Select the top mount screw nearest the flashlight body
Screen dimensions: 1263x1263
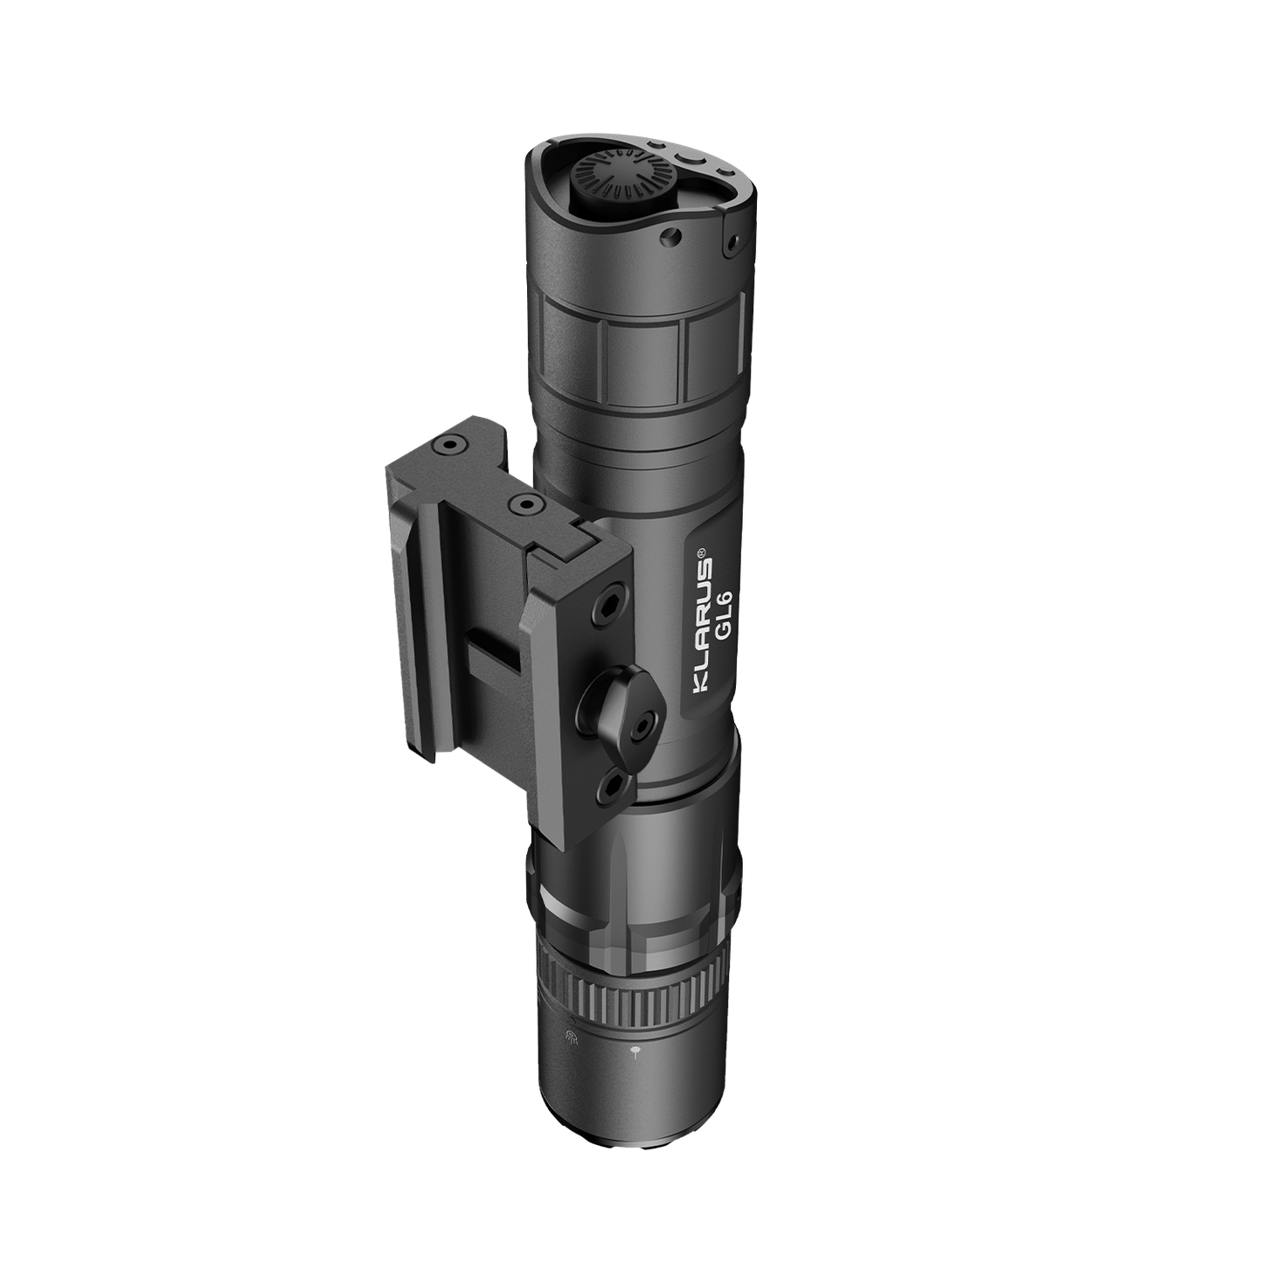(x=525, y=503)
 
